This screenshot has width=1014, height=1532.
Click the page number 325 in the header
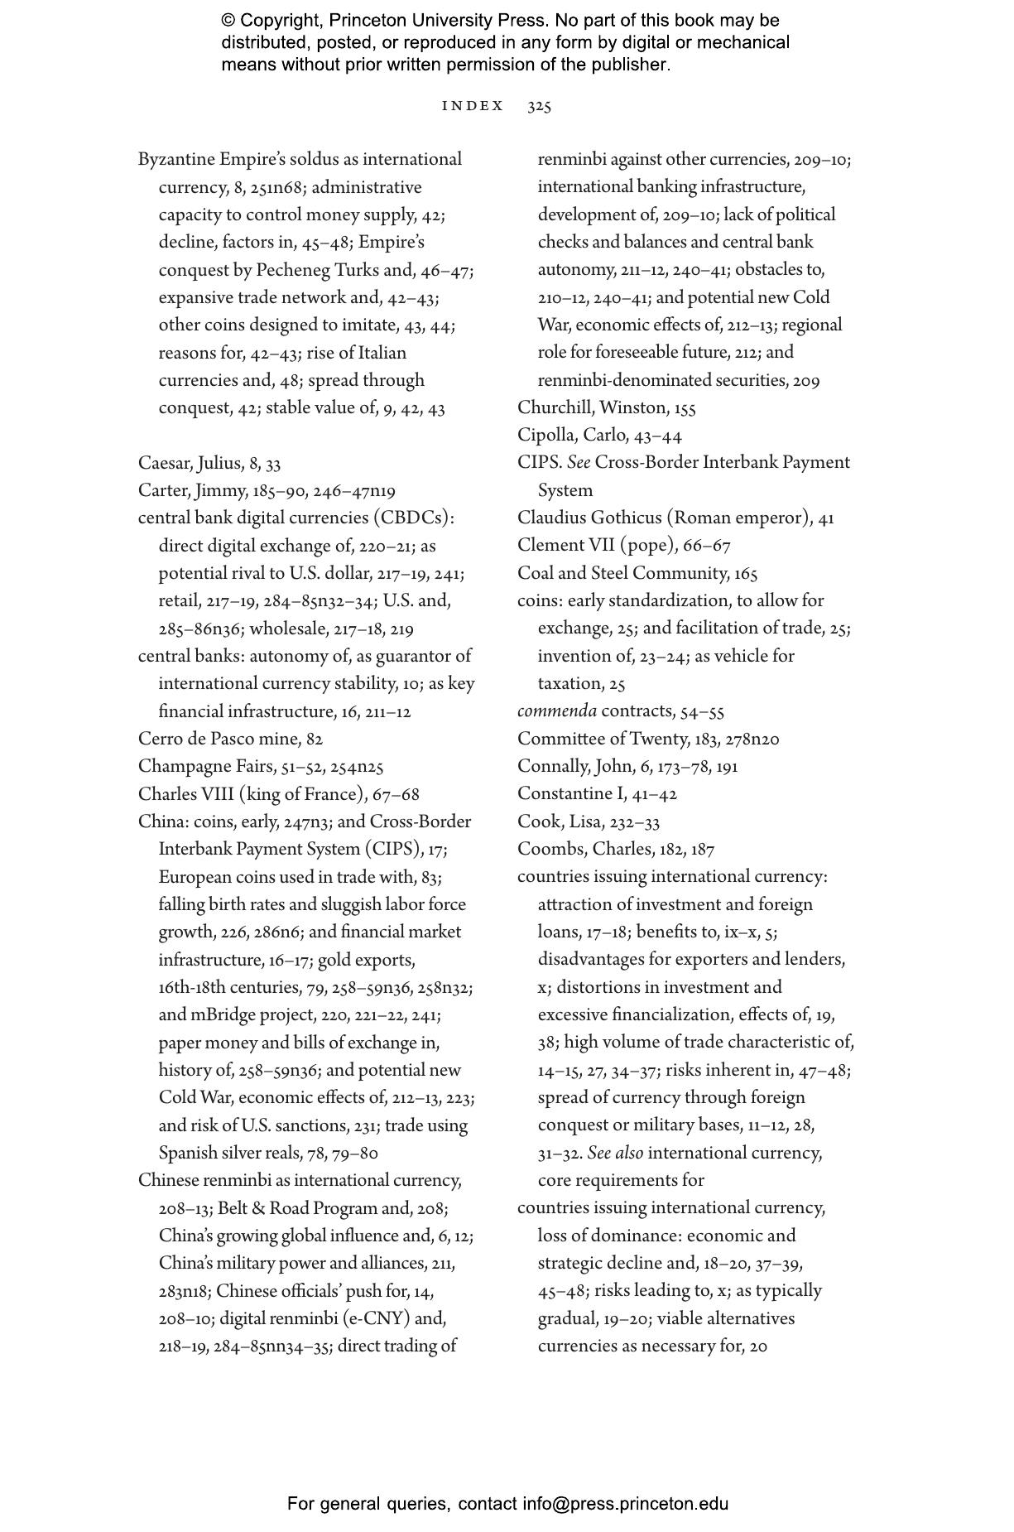[539, 106]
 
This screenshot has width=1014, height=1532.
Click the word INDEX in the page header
[473, 106]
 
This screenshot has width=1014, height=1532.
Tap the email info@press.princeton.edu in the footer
[625, 1504]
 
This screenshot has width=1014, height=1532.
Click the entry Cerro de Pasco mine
[220, 739]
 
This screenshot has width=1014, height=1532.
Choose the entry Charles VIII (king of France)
[252, 794]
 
